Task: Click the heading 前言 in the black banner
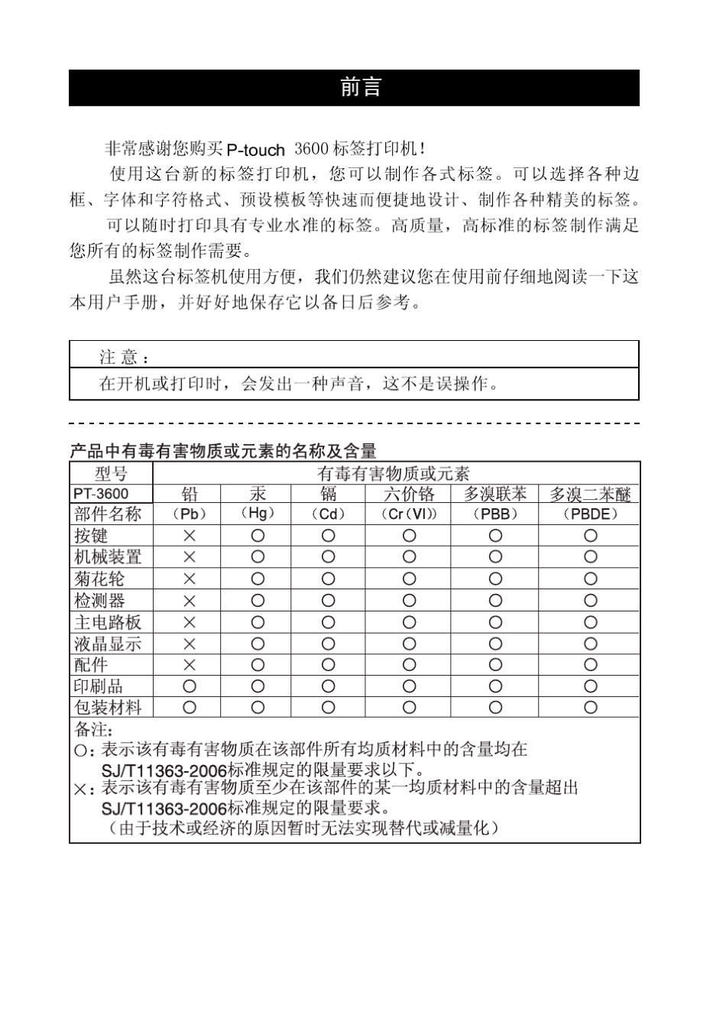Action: (360, 88)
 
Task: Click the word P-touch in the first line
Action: (256, 150)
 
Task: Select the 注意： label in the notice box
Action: (125, 357)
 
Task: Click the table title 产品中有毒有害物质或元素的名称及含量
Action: (222, 451)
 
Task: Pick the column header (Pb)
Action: (189, 514)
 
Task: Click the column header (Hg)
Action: (257, 514)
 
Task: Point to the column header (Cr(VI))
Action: (409, 514)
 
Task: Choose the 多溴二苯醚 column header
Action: (590, 495)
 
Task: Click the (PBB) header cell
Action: (495, 514)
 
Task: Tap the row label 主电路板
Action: (108, 622)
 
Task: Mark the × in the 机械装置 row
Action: (189, 557)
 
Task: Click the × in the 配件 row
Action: (189, 665)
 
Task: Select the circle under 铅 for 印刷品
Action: (189, 686)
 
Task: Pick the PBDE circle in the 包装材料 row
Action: (590, 708)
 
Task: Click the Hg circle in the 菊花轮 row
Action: (258, 579)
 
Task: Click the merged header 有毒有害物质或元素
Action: (393, 474)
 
